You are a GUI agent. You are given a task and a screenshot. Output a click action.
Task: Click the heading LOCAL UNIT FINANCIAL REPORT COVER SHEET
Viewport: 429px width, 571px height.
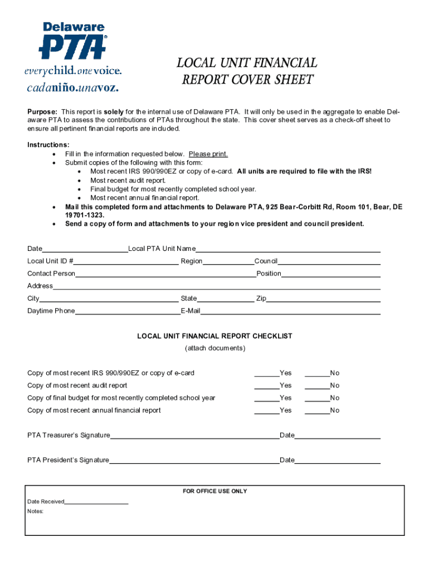[247, 71]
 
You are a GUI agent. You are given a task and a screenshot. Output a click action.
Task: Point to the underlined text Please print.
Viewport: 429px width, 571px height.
[208, 154]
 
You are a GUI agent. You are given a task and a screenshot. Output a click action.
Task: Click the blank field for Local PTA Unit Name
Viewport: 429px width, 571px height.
[287, 249]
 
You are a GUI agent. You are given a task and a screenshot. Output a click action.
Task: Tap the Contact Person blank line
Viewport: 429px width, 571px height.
[165, 274]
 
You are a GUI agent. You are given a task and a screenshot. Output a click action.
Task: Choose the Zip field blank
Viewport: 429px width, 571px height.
[323, 299]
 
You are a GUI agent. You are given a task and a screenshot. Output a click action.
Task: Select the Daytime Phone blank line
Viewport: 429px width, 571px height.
[127, 312]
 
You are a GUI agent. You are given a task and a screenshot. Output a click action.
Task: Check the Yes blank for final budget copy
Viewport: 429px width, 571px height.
[267, 399]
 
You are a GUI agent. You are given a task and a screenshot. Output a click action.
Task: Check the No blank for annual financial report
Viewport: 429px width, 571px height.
[317, 411]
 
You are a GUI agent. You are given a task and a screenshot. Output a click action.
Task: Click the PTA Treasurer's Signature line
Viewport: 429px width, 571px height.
[194, 436]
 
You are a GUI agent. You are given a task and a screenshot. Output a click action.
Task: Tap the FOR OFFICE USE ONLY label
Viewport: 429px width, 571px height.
[215, 491]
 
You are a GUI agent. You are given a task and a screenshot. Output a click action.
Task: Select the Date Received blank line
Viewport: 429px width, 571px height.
[96, 502]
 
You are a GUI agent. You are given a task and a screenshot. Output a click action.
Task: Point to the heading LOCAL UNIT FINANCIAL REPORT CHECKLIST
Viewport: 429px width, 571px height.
[215, 336]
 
